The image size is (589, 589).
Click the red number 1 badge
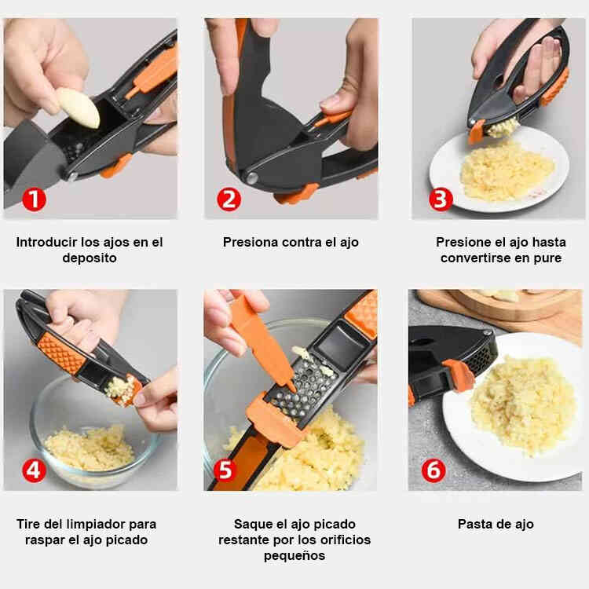point(34,199)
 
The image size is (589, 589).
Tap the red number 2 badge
point(229,199)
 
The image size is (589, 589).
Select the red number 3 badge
point(441,199)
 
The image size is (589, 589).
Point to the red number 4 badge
point(34,470)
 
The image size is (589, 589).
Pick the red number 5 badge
point(225,470)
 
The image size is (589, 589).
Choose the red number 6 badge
point(434,470)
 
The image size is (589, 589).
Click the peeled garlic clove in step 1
point(78,108)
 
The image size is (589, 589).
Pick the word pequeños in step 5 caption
point(294,555)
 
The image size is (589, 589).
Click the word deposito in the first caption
point(90,258)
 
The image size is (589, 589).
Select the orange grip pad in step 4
point(61,353)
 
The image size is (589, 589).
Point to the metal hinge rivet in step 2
point(251,177)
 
